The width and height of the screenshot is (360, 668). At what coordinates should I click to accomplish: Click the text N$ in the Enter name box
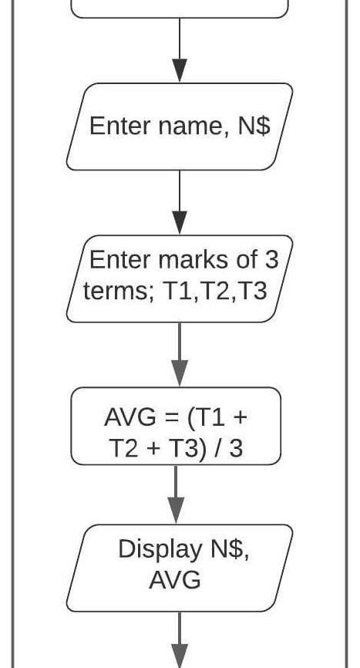pyautogui.click(x=254, y=126)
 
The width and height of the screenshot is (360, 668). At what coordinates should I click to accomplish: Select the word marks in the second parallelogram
pyautogui.click(x=189, y=259)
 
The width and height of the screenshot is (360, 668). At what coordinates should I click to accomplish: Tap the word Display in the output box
pyautogui.click(x=156, y=549)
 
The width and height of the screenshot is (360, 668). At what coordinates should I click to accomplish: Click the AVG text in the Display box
pyautogui.click(x=175, y=579)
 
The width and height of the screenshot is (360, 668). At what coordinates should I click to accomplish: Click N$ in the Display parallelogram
pyautogui.click(x=228, y=549)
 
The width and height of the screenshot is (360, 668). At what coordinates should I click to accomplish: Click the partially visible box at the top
pyautogui.click(x=180, y=8)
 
